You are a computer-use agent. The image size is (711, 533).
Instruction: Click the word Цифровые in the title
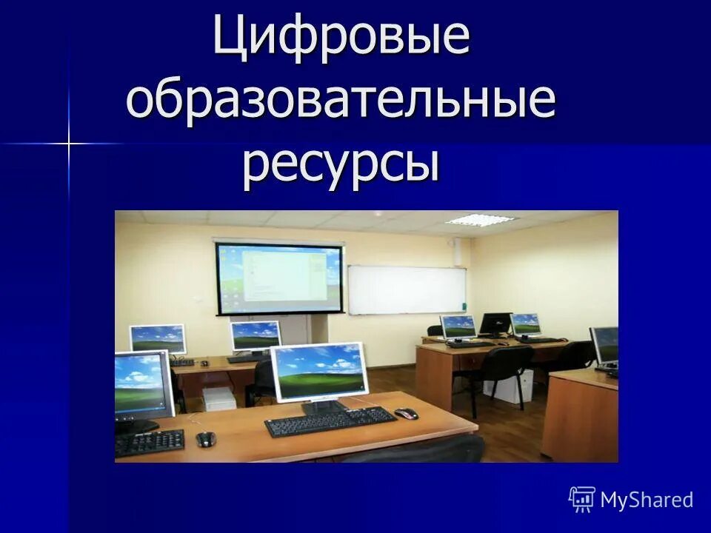coord(341,38)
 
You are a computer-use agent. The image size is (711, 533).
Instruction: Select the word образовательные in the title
coord(341,102)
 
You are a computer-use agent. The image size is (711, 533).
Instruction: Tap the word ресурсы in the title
coord(341,164)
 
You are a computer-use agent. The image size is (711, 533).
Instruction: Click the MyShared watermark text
coord(647,500)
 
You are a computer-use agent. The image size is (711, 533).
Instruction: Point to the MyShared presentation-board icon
coord(582,500)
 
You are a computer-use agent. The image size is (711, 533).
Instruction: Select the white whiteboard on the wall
coord(407,289)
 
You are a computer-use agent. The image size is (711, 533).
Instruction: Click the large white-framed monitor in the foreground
coord(319,372)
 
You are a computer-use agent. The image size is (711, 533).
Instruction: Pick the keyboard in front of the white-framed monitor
coord(330,420)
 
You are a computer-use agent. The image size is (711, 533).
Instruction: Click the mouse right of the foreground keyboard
coord(406,413)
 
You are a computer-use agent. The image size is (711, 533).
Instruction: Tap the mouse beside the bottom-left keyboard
coord(205,439)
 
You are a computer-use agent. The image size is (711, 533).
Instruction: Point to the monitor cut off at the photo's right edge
coord(605,346)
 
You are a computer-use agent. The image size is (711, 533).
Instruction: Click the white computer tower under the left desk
coord(219,398)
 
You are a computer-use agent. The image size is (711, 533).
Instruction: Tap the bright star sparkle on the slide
coord(68,143)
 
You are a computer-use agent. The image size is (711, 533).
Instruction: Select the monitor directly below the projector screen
coord(255,337)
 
